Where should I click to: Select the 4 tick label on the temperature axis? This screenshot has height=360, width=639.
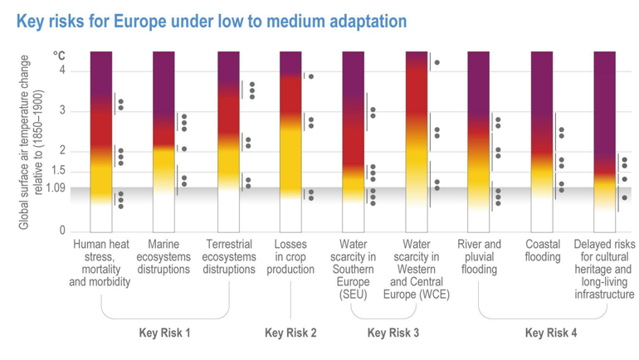(x=61, y=71)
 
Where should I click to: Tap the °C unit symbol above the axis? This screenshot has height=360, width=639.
(x=59, y=56)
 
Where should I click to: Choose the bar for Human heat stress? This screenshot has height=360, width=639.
(x=100, y=141)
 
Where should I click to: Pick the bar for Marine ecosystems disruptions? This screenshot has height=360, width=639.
(x=163, y=141)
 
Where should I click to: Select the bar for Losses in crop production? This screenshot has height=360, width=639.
(x=290, y=141)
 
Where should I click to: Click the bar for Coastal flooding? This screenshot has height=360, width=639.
(x=542, y=141)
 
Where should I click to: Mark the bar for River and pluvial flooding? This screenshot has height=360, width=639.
(x=479, y=141)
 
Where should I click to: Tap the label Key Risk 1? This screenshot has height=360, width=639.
(x=164, y=333)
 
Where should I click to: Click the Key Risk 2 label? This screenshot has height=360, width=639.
(x=290, y=333)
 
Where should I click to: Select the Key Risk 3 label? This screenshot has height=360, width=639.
(x=393, y=333)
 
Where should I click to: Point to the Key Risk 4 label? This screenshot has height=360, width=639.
(x=551, y=333)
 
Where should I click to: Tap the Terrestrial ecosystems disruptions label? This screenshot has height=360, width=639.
(x=227, y=257)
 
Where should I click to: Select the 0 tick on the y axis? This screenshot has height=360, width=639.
(x=61, y=231)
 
